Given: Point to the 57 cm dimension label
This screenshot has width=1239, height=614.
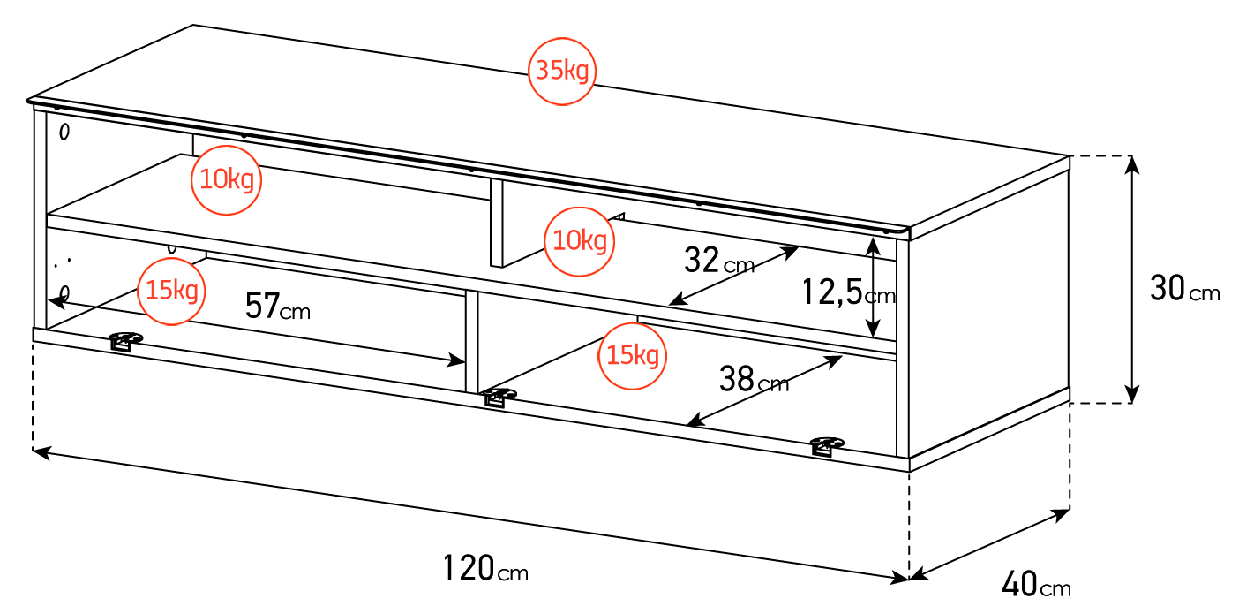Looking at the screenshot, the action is (278, 307).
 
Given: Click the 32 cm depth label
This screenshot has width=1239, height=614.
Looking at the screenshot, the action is (719, 261).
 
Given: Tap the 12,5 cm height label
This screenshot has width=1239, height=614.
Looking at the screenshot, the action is (848, 292).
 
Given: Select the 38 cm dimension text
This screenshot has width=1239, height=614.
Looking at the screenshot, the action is (754, 379).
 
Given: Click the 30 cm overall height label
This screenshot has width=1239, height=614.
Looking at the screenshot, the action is (1185, 289).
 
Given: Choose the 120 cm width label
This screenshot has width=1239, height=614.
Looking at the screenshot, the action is (485, 568).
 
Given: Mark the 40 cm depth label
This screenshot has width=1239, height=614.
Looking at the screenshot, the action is (1036, 584).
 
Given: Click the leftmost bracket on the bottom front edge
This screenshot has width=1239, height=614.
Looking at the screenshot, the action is (125, 341).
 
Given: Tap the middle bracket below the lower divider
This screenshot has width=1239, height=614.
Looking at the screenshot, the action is (499, 397).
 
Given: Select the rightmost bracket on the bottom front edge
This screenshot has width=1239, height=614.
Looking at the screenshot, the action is (826, 446).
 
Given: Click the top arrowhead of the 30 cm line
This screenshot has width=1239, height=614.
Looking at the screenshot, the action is (1132, 164).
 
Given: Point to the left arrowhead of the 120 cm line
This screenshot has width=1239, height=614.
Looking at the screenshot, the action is (41, 453).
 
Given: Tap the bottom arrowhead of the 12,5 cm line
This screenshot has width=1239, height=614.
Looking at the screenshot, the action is (873, 329).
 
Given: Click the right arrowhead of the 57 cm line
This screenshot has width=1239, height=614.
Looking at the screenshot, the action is (456, 361).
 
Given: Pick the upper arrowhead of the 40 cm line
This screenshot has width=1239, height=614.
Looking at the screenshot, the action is (1060, 515).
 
